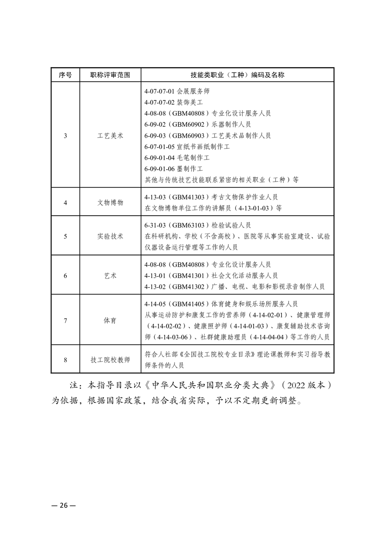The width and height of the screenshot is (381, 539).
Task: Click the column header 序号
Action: coord(65,75)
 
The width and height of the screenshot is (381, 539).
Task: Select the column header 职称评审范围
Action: coord(110,75)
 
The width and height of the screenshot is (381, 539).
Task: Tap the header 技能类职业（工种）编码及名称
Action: coord(237,75)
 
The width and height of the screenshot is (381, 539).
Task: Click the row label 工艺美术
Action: coord(110,135)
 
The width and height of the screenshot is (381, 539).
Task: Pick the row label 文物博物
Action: coord(110,203)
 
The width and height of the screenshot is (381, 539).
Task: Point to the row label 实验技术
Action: coord(110,236)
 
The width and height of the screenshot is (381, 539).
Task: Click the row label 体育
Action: coord(110,320)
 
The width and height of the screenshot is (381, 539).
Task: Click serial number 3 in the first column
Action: coord(65,135)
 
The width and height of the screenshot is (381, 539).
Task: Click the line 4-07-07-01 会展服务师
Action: coord(177,91)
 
